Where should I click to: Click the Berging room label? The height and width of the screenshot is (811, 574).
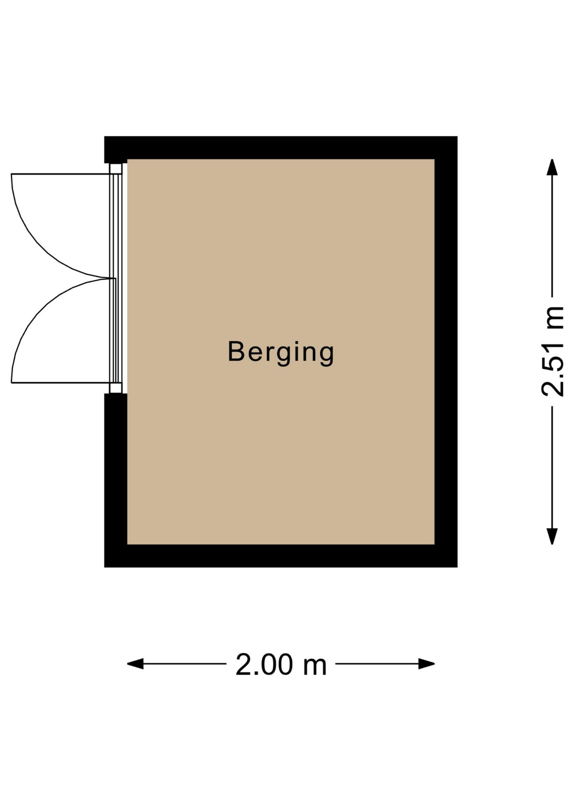[x=281, y=351]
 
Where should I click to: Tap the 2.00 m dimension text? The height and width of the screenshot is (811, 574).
[x=281, y=664]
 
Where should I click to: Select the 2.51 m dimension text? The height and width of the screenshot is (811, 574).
[x=552, y=351]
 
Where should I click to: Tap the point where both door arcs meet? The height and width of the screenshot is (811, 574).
[x=111, y=278]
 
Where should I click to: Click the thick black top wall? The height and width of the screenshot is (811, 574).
[x=281, y=148]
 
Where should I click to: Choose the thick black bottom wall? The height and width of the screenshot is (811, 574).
[x=281, y=555]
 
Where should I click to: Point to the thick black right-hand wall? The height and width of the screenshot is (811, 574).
[x=446, y=351]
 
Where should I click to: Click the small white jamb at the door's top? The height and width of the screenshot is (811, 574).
[x=115, y=169]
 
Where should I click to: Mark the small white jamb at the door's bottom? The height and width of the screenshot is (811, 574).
[x=115, y=388]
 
